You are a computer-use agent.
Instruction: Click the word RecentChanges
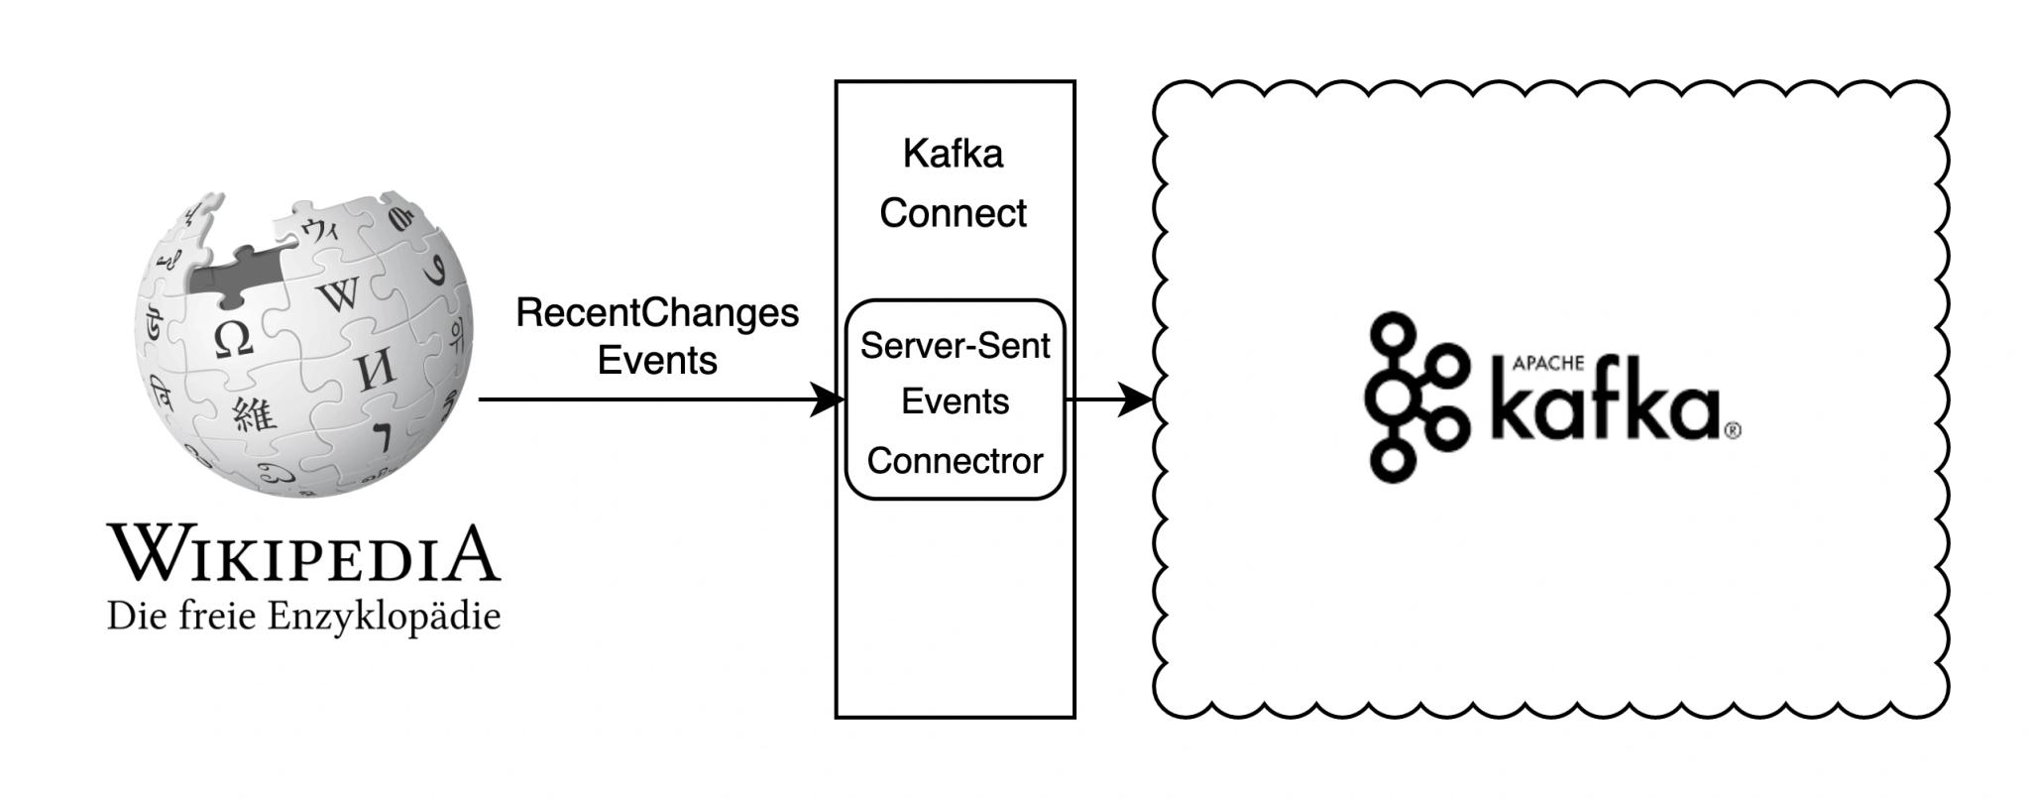[x=657, y=314]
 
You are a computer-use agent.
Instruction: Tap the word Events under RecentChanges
[x=657, y=360]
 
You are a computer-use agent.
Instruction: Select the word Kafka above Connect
[x=953, y=154]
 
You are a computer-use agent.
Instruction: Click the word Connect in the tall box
[x=953, y=213]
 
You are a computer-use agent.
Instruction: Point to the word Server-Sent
[x=955, y=346]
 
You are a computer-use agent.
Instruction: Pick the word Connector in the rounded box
[x=955, y=461]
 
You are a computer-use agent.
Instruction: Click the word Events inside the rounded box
[x=955, y=401]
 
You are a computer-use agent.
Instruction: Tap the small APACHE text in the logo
[x=1547, y=364]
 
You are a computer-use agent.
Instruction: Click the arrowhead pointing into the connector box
[x=828, y=399]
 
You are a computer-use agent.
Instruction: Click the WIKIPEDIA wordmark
[x=304, y=553]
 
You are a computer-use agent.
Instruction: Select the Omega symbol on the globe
[x=234, y=339]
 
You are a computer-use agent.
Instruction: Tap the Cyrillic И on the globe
[x=374, y=372]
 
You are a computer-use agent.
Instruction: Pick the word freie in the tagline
[x=220, y=617]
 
